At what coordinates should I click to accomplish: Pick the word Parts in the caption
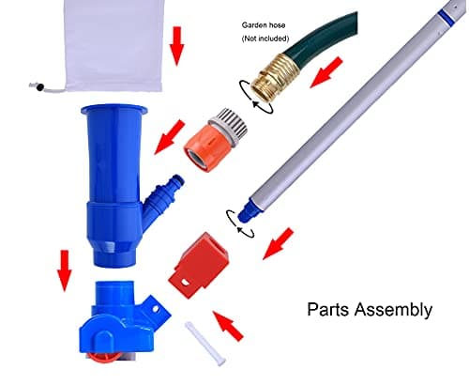[330, 309]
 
